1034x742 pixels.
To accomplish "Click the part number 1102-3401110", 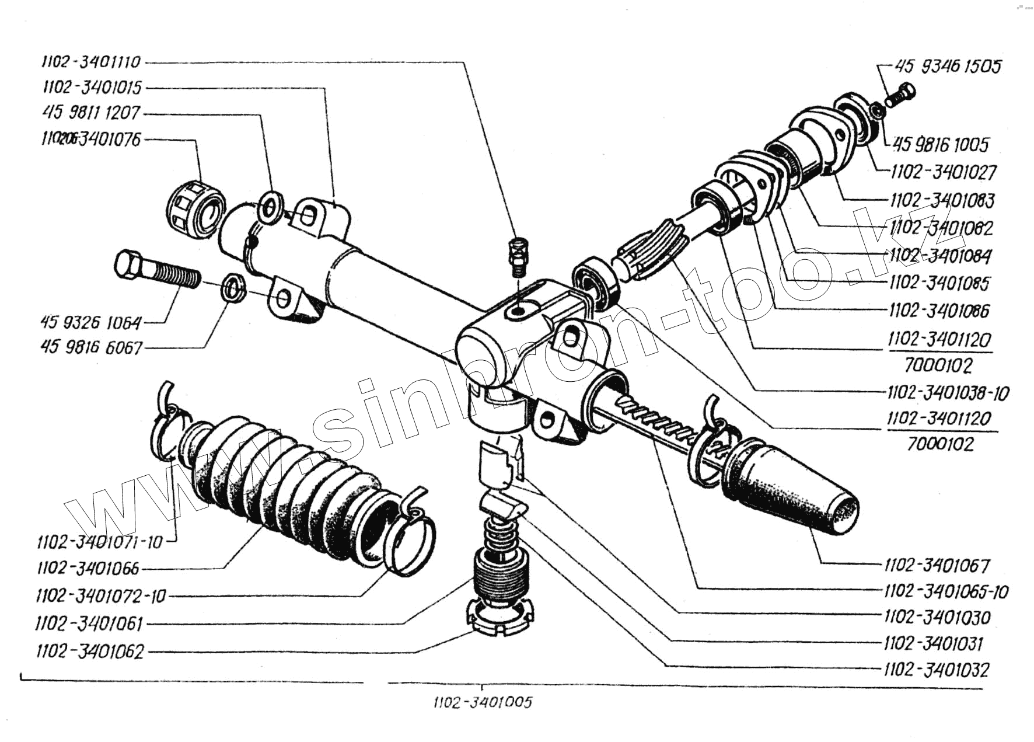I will pos(91,62).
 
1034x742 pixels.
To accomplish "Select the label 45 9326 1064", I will pos(91,322).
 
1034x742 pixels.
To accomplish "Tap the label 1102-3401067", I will pos(937,565).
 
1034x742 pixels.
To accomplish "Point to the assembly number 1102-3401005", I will pos(483,702).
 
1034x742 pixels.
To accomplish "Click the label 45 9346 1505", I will pos(948,66).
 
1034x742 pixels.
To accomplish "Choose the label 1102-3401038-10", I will pos(948,393).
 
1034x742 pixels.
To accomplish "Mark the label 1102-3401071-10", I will pos(100,542).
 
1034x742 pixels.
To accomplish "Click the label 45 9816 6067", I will pos(92,347).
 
